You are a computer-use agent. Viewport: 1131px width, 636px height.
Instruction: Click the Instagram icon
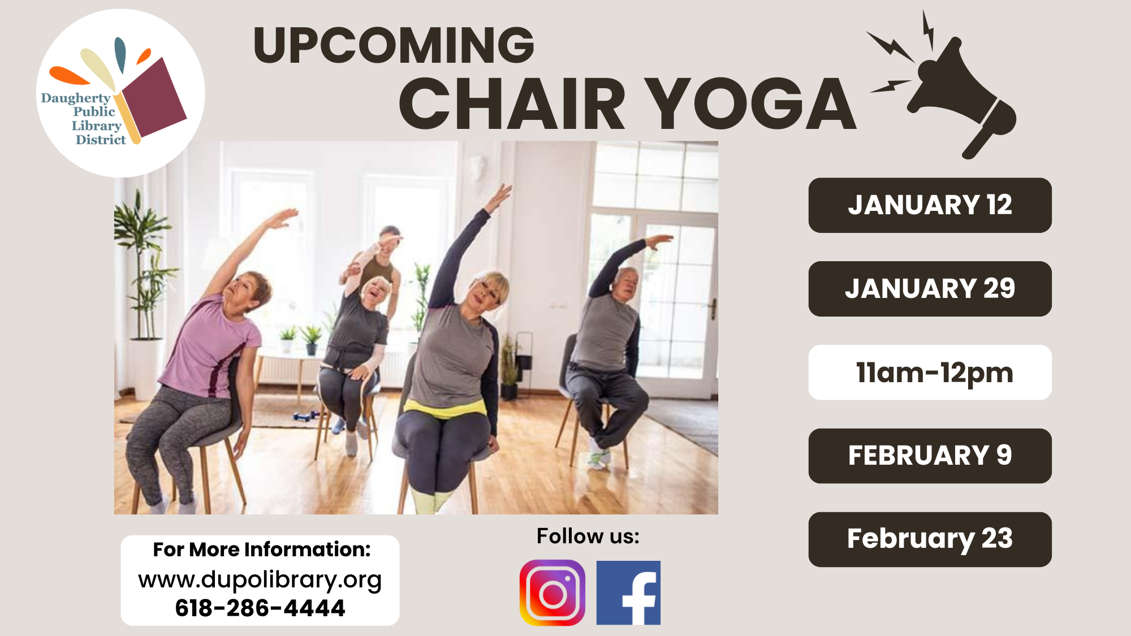(552, 592)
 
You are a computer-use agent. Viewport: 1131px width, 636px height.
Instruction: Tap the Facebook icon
(628, 592)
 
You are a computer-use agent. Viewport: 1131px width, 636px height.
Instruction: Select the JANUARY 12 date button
(930, 205)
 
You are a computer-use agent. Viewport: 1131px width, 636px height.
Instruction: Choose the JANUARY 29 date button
(930, 288)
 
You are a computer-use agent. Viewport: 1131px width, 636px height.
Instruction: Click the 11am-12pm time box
(930, 373)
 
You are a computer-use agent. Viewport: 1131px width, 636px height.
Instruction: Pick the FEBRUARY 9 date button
(930, 456)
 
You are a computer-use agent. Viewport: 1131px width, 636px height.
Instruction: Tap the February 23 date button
(930, 539)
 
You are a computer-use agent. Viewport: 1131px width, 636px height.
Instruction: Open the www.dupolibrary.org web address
(260, 579)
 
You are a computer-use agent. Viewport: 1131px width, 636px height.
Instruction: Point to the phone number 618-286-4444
(260, 608)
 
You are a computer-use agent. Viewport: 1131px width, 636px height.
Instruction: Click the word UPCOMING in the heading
(394, 45)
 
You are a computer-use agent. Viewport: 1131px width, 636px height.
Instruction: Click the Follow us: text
(588, 536)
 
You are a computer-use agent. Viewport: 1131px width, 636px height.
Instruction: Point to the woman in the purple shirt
(209, 351)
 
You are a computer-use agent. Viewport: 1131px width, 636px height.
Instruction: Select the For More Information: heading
(261, 550)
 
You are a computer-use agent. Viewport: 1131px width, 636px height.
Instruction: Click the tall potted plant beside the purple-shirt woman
(141, 271)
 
